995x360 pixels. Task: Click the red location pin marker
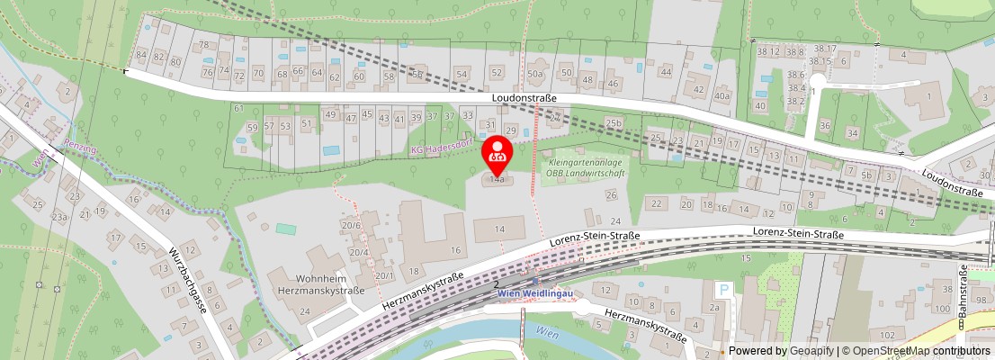click(497, 154)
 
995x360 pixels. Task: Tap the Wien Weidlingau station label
click(534, 293)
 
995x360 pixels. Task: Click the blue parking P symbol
click(722, 291)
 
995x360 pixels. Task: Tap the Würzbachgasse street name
click(190, 286)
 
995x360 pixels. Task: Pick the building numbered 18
click(415, 271)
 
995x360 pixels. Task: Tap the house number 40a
click(722, 95)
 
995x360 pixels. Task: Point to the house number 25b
click(614, 123)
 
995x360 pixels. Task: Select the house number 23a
click(59, 217)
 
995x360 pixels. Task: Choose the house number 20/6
click(351, 225)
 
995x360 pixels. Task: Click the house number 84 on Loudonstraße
click(141, 56)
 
